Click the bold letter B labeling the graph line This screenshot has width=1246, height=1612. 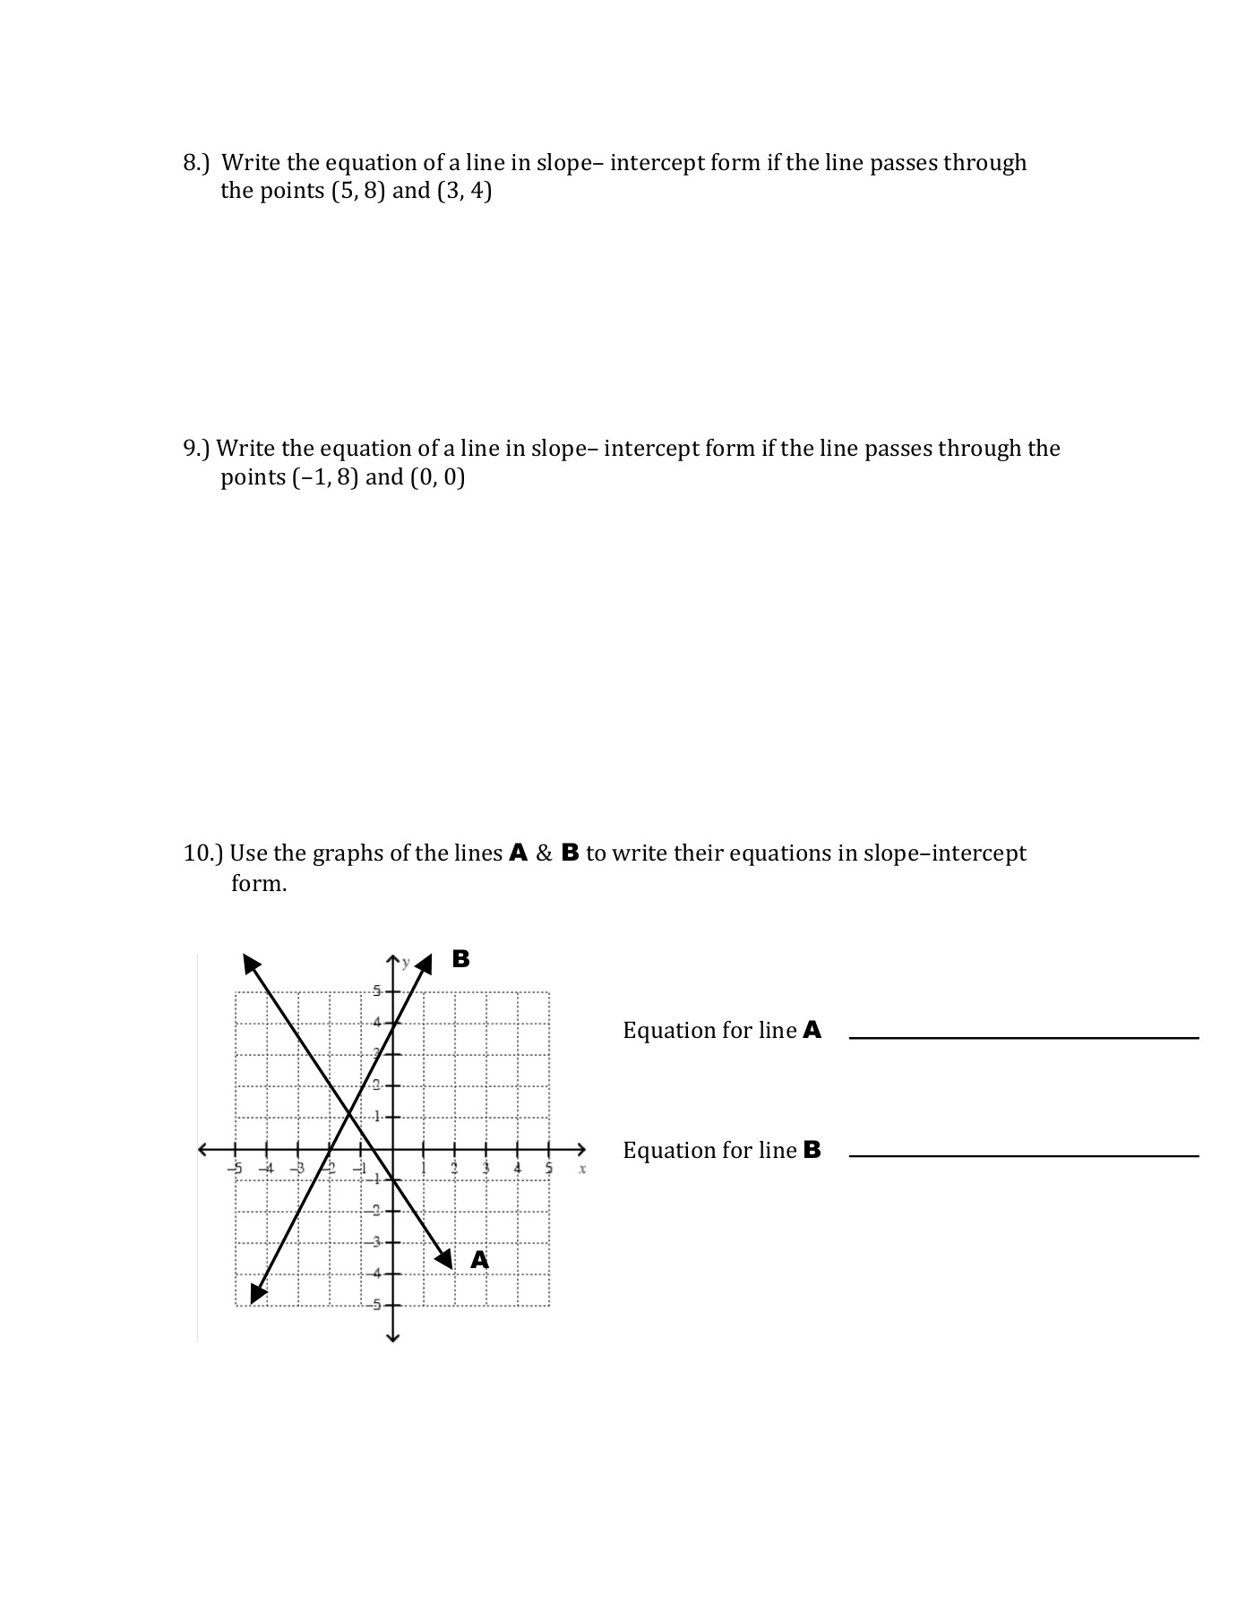pos(460,959)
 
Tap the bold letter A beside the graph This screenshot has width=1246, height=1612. pos(480,1260)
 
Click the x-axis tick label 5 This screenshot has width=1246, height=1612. pos(549,1169)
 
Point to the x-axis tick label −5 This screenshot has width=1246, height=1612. pos(235,1169)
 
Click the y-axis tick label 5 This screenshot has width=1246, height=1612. pos(376,991)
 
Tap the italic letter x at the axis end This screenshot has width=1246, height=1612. pos(582,1169)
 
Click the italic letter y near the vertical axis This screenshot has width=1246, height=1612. pos(406,963)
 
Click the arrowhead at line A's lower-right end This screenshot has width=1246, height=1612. pos(445,1258)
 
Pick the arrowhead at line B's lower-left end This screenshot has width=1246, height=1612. pos(258,1294)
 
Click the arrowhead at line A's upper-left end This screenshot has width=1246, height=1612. pos(252,964)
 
